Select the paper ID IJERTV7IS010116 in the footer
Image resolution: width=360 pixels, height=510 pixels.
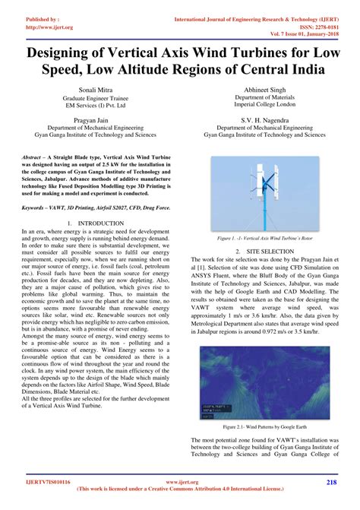[x=46, y=483]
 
